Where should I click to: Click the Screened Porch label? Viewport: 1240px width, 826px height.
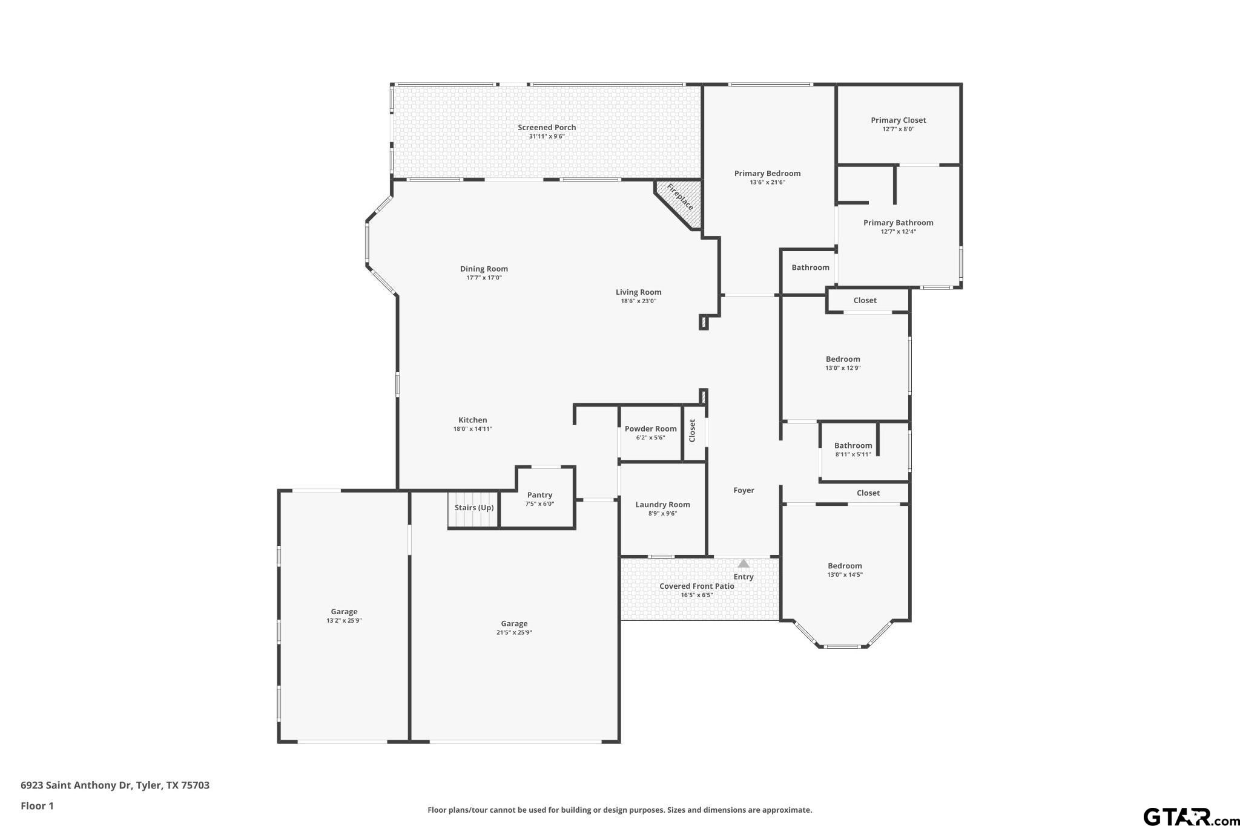[x=547, y=127]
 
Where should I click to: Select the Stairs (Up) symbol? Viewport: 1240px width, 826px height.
[x=473, y=509]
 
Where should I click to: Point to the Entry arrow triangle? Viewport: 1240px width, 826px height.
[x=744, y=563]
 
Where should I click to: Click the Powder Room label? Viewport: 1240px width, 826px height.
[x=651, y=428]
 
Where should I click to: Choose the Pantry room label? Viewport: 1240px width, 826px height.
[x=539, y=495]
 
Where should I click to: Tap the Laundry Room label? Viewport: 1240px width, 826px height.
[x=663, y=505]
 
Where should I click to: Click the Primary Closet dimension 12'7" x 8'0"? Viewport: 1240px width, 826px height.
[x=899, y=129]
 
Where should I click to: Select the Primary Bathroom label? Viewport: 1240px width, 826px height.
[x=899, y=223]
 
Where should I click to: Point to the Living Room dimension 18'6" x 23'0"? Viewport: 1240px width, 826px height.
[x=639, y=301]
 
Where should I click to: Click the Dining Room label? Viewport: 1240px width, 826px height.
[x=484, y=269]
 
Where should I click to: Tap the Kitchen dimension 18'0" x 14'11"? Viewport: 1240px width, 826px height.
[x=473, y=429]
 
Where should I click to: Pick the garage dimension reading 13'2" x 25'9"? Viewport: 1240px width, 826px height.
[x=344, y=621]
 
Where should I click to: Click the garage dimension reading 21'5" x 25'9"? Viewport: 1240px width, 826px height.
[x=514, y=633]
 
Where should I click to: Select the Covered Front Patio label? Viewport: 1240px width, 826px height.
[x=697, y=586]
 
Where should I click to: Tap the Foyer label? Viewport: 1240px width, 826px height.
[x=744, y=490]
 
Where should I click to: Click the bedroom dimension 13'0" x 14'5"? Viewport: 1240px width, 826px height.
[x=845, y=575]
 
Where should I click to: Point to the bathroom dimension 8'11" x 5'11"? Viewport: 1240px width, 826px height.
[x=853, y=454]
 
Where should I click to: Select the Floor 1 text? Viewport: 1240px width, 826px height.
[x=38, y=805]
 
